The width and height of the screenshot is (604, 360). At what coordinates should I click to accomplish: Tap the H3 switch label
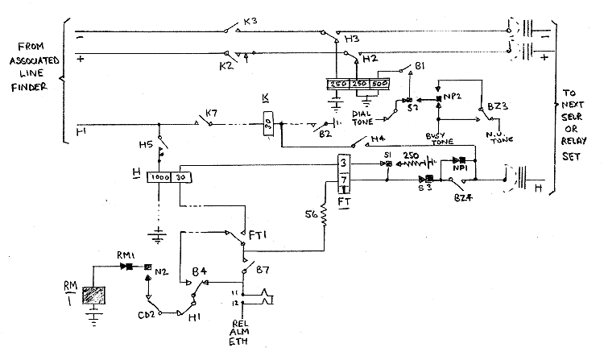click(x=352, y=39)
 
